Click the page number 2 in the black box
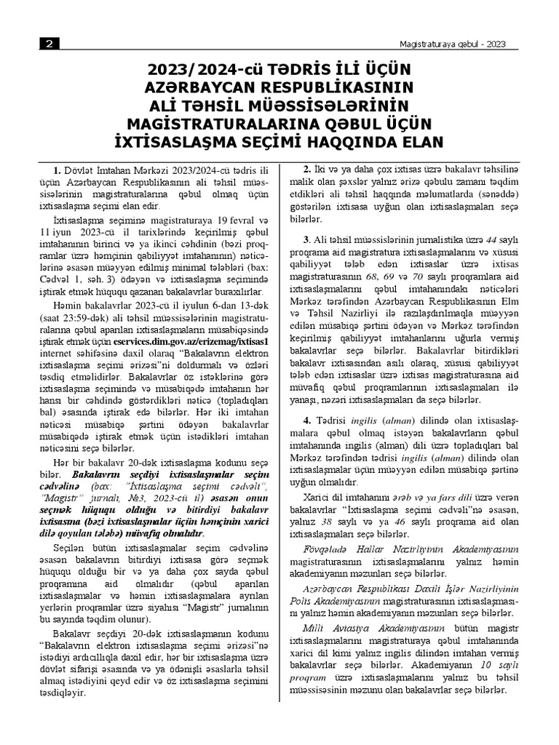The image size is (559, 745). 49,44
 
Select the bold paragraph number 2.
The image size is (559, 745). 307,169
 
